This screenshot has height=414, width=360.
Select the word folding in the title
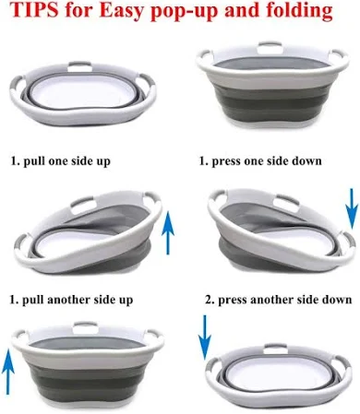click(299, 11)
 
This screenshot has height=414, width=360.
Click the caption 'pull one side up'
click(66, 160)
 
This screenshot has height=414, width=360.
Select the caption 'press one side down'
click(267, 160)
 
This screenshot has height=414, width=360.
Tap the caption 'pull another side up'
click(78, 300)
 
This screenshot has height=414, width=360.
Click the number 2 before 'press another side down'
click(210, 300)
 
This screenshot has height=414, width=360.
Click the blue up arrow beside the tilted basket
click(168, 232)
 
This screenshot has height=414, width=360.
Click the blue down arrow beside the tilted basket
click(352, 209)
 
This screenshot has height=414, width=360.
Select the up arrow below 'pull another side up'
click(8, 372)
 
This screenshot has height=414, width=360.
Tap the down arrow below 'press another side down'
click(205, 337)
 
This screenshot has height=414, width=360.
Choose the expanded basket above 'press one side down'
click(272, 84)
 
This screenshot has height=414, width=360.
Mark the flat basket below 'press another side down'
click(279, 373)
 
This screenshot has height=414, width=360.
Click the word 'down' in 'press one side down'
click(306, 160)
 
